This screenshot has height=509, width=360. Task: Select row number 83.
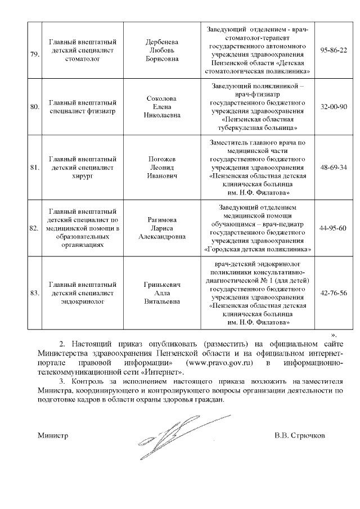tap(34, 293)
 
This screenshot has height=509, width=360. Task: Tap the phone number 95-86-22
tap(333, 51)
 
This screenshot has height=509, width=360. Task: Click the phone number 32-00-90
tap(333, 106)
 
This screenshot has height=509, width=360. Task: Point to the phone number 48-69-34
tap(333, 168)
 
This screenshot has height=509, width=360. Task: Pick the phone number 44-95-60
tap(333, 228)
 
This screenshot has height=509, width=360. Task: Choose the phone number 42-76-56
tap(333, 292)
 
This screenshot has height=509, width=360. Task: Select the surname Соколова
tap(162, 98)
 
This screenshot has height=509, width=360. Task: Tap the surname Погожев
tap(162, 159)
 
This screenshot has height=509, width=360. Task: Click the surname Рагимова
tap(162, 219)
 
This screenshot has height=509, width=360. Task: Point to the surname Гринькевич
tap(162, 285)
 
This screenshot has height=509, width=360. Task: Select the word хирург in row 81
tap(83, 176)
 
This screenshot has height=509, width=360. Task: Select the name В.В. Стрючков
tap(299, 435)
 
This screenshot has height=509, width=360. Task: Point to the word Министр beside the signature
tap(52, 435)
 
